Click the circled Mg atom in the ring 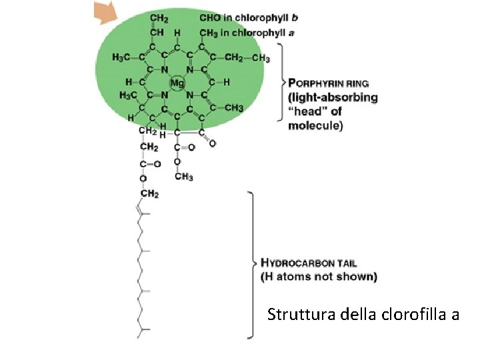click(177, 83)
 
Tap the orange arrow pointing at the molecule click(105, 12)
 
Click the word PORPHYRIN click(319, 84)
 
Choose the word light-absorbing click(333, 97)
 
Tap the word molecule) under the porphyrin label click(315, 125)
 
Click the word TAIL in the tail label click(351, 262)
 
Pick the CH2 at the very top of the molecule click(159, 18)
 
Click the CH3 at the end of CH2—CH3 click(261, 59)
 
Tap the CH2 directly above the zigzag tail click(149, 194)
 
